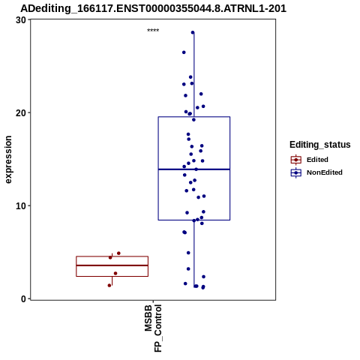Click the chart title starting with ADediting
[153, 8]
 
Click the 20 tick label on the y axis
[21, 113]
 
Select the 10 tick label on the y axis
[21, 206]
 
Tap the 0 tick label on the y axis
[24, 299]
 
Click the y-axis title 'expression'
[8, 160]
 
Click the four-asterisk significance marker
[153, 31]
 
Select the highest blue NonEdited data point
[193, 32]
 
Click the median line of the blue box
[194, 169]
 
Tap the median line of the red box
[112, 265]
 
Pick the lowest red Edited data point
[109, 285]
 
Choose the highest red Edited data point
[118, 253]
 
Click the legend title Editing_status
[320, 145]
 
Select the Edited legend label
[317, 160]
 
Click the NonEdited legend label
[325, 172]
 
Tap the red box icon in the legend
[296, 160]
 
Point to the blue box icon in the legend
[296, 172]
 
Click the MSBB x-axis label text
[148, 318]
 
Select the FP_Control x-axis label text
[158, 328]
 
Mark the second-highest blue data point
[184, 52]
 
